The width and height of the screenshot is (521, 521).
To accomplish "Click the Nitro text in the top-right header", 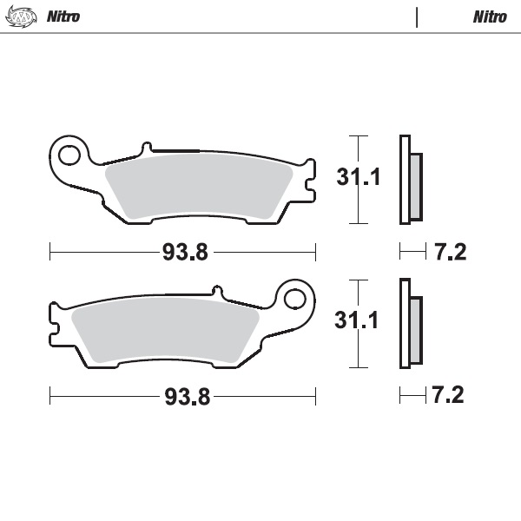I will [490, 16].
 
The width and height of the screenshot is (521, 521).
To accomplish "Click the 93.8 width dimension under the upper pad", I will [185, 253].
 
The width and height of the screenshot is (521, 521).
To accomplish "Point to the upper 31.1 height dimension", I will [359, 179].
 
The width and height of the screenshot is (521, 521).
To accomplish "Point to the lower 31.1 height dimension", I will [359, 322].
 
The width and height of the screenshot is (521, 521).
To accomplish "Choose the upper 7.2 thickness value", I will [450, 253].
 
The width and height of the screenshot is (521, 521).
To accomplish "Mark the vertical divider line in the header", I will [417, 16].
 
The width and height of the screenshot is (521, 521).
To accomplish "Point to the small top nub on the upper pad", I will [148, 148].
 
